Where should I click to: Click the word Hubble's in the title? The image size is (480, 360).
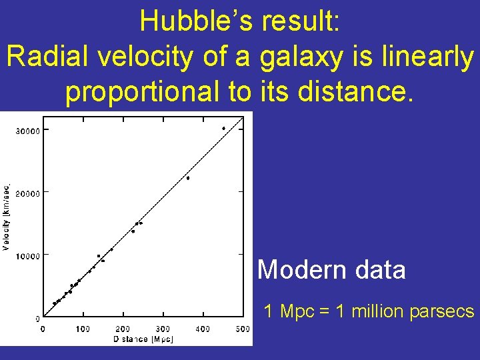pyautogui.click(x=196, y=22)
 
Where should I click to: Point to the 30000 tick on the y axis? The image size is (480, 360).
pyautogui.click(x=27, y=130)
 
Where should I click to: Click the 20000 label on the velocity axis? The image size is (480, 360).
pyautogui.click(x=27, y=193)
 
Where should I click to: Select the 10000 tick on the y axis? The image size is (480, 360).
pyautogui.click(x=27, y=255)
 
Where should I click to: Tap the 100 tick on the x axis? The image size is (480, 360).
pyautogui.click(x=83, y=329)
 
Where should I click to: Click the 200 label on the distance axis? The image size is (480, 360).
pyautogui.click(x=123, y=329)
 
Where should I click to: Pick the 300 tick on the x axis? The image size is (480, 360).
pyautogui.click(x=163, y=329)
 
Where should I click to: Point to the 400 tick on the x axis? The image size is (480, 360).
pyautogui.click(x=203, y=329)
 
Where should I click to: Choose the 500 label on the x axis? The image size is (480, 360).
pyautogui.click(x=243, y=329)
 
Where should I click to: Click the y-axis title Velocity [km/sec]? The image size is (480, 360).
pyautogui.click(x=7, y=217)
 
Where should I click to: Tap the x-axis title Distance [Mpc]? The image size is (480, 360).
pyautogui.click(x=143, y=339)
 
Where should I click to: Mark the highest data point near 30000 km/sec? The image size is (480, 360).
pyautogui.click(x=223, y=128)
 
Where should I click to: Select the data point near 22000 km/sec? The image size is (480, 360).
pyautogui.click(x=188, y=178)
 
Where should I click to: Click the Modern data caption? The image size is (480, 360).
pyautogui.click(x=331, y=270)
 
